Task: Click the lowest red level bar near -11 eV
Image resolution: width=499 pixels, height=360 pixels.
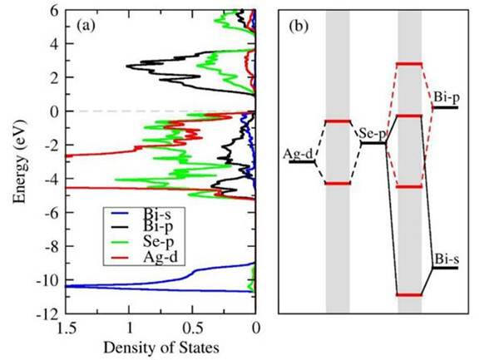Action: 409,295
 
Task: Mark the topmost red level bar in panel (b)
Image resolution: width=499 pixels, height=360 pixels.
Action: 409,64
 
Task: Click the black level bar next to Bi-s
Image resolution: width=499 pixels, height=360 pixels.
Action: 445,269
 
